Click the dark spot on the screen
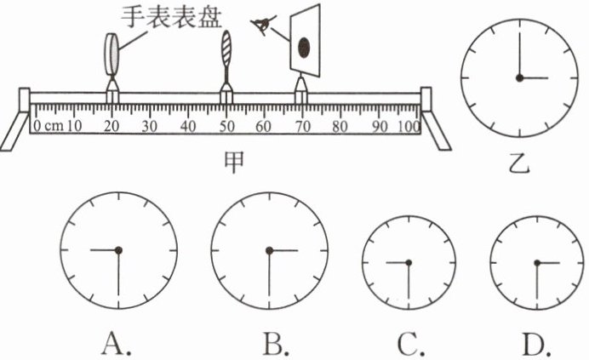[x=304, y=46]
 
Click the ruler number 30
[x=150, y=127]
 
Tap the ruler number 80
[x=340, y=127]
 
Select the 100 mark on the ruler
[x=409, y=127]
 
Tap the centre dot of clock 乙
[x=518, y=78]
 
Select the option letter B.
[x=275, y=342]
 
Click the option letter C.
[x=410, y=342]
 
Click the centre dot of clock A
[x=119, y=249]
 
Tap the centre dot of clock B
[x=269, y=250]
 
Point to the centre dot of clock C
[x=409, y=262]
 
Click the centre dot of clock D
[x=538, y=262]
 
